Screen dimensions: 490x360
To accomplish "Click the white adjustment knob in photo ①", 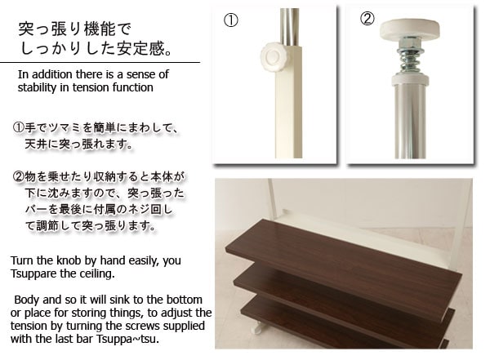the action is point(274,57).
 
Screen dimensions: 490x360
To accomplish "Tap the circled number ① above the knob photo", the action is point(231,20).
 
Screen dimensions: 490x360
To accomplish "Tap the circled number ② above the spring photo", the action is point(367,19).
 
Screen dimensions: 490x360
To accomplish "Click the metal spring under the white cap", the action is point(410,60).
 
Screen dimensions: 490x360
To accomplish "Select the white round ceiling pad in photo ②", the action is point(410,29).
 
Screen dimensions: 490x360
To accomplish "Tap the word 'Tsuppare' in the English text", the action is point(33,273).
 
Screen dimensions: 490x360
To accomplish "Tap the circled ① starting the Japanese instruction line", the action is point(18,127).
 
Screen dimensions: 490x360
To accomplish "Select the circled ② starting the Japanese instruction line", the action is point(18,177).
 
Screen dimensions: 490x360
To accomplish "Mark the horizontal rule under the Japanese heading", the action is point(100,62).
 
